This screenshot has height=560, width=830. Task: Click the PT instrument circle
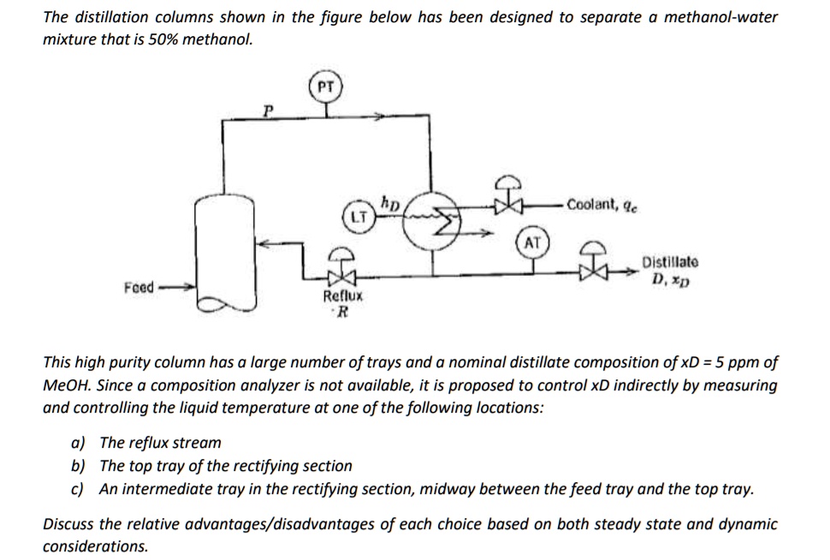point(324,86)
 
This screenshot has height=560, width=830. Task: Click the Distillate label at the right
point(670,262)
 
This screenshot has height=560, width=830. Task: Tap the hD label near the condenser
point(391,202)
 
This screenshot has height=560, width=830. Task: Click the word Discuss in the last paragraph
point(69,523)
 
